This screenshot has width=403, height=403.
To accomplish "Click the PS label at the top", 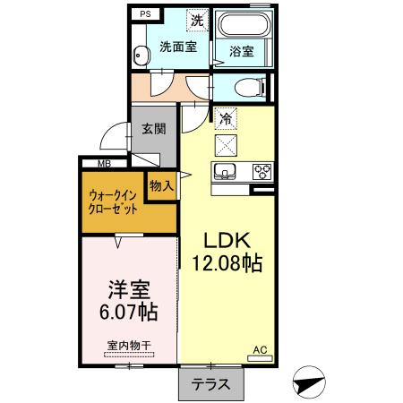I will [145, 14].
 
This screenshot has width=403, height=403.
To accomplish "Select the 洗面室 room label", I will [178, 48].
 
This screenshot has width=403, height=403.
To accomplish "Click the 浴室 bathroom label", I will [242, 52].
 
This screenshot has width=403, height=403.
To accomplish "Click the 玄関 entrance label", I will [152, 128].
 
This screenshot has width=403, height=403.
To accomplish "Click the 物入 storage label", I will [161, 186].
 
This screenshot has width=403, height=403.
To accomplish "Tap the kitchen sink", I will [224, 170].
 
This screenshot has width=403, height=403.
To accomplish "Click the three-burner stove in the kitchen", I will [262, 170].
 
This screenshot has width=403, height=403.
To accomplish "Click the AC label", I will [260, 350].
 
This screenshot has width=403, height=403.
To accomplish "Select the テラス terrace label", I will [210, 384].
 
